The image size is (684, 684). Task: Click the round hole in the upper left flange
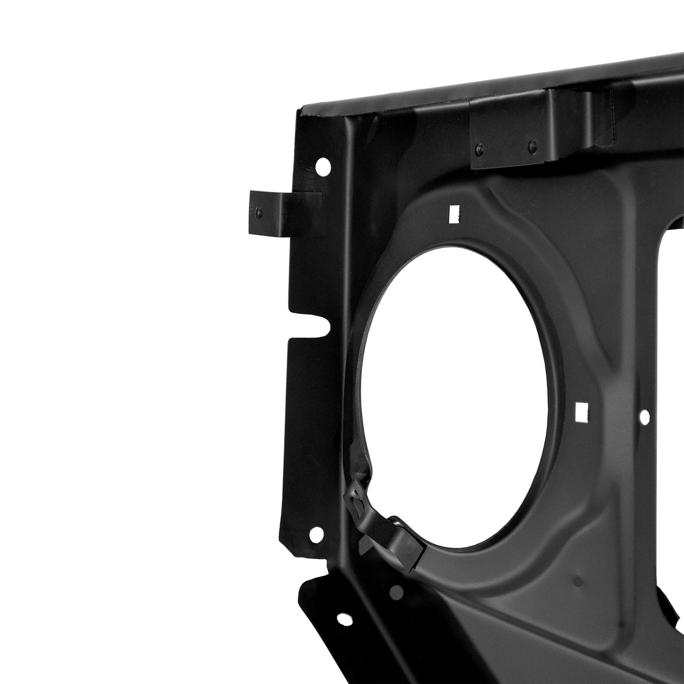323,166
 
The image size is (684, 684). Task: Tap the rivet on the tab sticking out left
258,213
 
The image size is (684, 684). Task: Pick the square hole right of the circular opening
580,411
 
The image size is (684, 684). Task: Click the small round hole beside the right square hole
644,417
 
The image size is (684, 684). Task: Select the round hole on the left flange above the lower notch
316,535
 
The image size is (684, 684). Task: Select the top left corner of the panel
299,112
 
